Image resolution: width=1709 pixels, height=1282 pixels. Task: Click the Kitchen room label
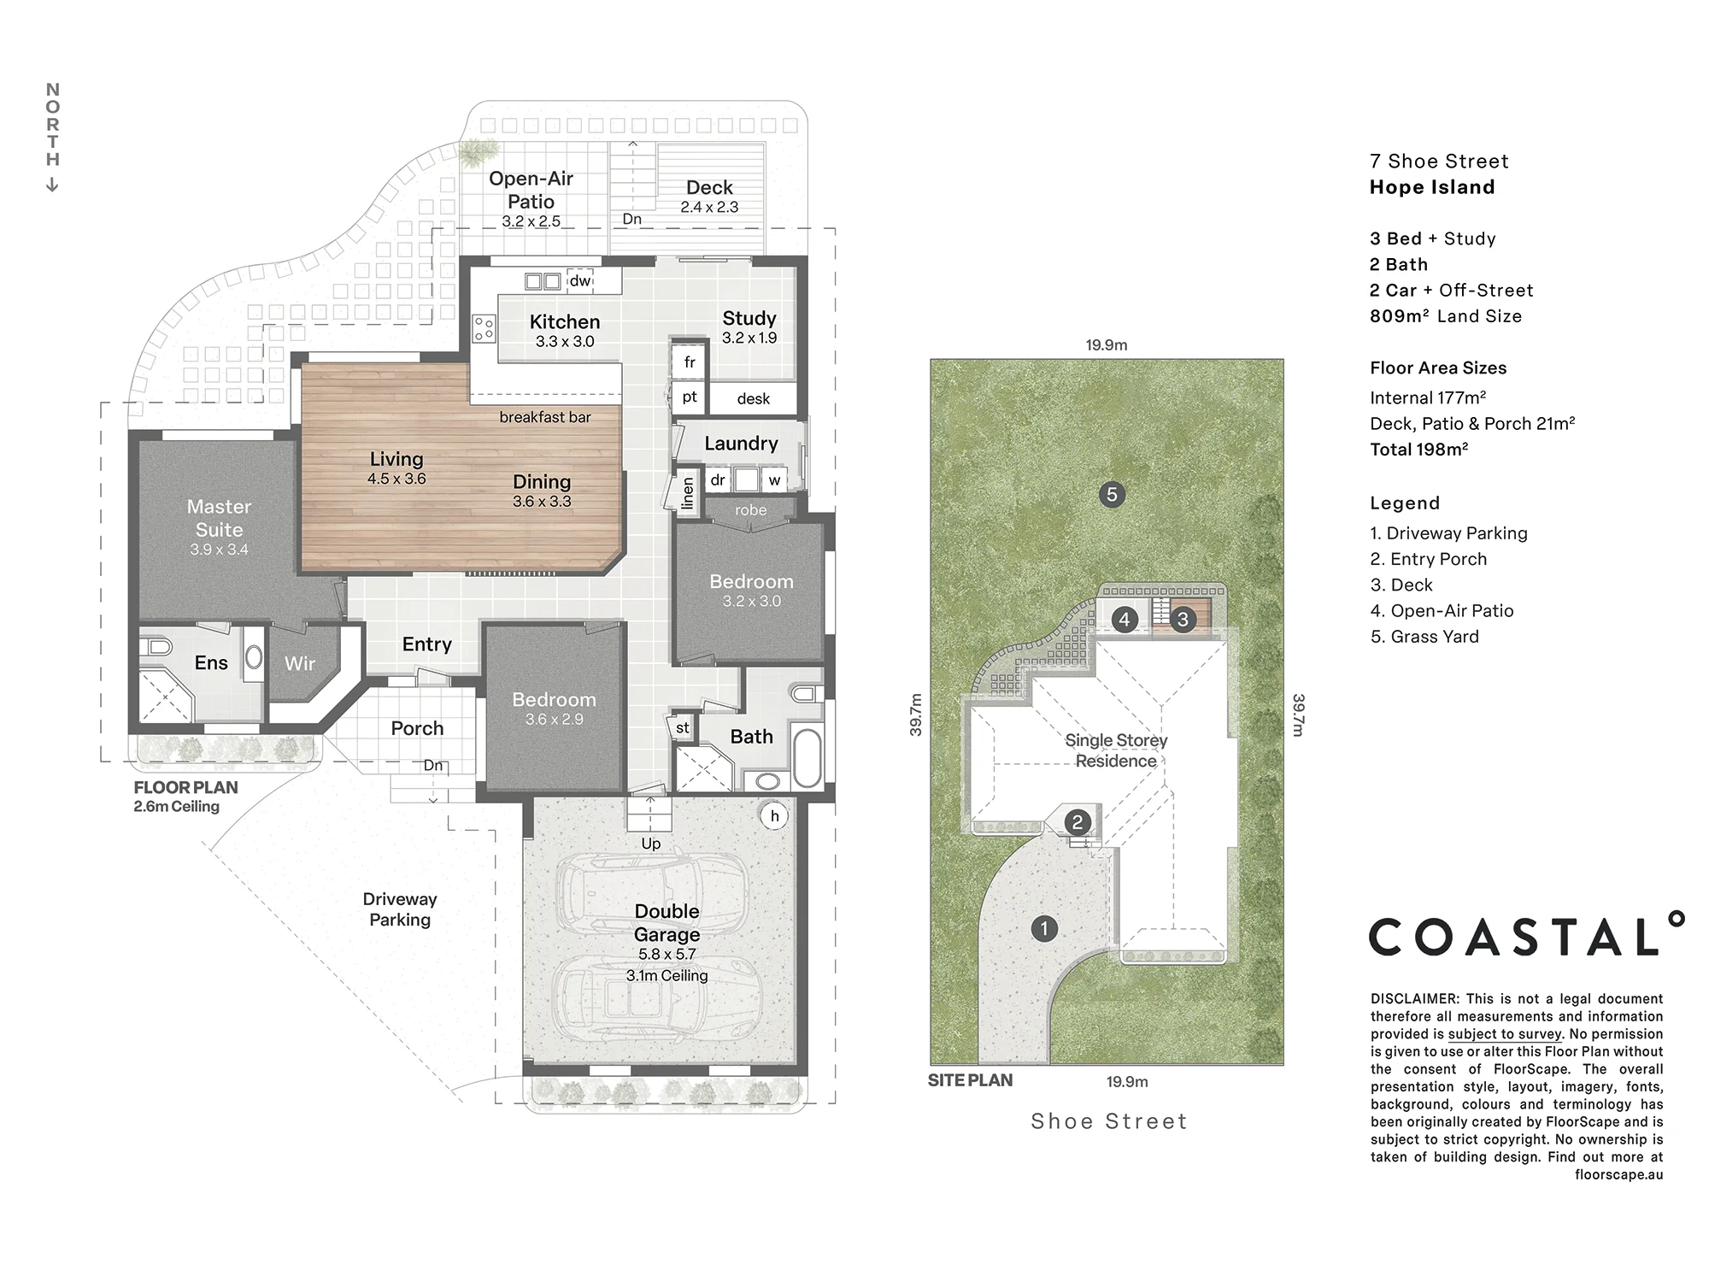tap(565, 322)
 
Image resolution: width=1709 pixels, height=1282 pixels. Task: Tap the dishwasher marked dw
tap(580, 280)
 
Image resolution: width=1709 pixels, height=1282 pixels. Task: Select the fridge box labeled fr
tap(690, 362)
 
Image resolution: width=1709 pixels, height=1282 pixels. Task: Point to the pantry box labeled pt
tap(690, 397)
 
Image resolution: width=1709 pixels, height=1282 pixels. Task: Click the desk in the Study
tap(754, 398)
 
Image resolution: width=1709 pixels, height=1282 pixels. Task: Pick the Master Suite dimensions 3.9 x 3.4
tap(220, 550)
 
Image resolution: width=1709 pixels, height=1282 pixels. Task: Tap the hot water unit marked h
tap(775, 816)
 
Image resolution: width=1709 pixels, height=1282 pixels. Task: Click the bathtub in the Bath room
tap(808, 756)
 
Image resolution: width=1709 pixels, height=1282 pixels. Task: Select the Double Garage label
tap(667, 923)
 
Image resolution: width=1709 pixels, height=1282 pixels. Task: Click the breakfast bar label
tap(545, 417)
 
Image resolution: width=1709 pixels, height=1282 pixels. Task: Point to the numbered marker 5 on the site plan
tap(1112, 494)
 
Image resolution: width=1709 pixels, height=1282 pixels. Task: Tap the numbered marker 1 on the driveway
tap(1044, 928)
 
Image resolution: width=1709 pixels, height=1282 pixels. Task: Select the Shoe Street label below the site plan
tap(1109, 1121)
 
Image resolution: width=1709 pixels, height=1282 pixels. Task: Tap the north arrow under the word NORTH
tap(52, 184)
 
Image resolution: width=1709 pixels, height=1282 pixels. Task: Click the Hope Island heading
tap(1432, 187)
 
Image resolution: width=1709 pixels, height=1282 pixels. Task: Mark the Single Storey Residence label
tap(1116, 750)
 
